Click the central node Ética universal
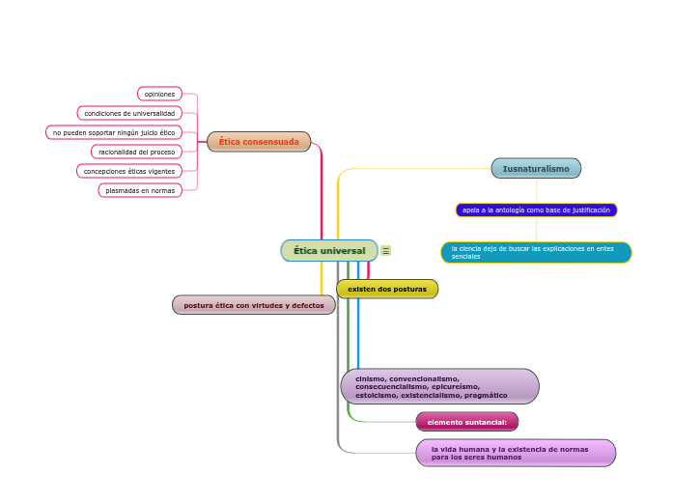pos(329,251)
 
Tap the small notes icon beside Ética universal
pos(386,251)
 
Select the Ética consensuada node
pos(259,142)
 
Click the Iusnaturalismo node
pos(536,169)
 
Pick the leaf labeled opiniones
pos(159,94)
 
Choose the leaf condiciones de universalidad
pos(129,113)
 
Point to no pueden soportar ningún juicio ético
pos(114,132)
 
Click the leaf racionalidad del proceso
pos(136,152)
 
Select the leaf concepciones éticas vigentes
pos(129,171)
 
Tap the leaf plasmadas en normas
pos(140,190)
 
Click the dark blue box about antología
pos(536,210)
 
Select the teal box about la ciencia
pos(536,252)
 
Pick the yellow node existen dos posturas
pos(387,290)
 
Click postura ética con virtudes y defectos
pos(254,305)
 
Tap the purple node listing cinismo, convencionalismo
pos(440,386)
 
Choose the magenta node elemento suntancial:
pos(467,422)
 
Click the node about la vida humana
pos(516,453)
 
